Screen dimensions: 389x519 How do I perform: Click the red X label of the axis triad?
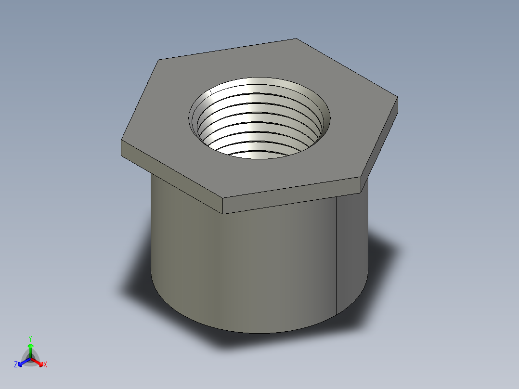[x=45, y=365]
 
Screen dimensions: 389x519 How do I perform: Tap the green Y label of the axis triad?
[x=30, y=338]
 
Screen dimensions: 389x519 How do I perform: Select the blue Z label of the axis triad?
[x=16, y=364]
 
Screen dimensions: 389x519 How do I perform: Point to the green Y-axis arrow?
[x=30, y=349]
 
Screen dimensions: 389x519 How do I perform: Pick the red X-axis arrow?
[x=39, y=362]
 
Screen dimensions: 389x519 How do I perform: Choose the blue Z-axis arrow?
[x=22, y=362]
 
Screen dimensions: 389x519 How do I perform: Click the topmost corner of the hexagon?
[x=296, y=39]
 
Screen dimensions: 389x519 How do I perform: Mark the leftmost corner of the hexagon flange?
[x=121, y=142]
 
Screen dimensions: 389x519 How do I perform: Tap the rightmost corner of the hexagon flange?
[x=398, y=98]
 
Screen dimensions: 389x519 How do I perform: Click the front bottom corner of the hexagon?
[x=223, y=198]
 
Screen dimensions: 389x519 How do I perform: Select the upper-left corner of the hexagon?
[x=159, y=60]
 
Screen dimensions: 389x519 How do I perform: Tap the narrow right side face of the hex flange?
[x=380, y=144]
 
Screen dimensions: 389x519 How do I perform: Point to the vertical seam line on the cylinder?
[x=336, y=255]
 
